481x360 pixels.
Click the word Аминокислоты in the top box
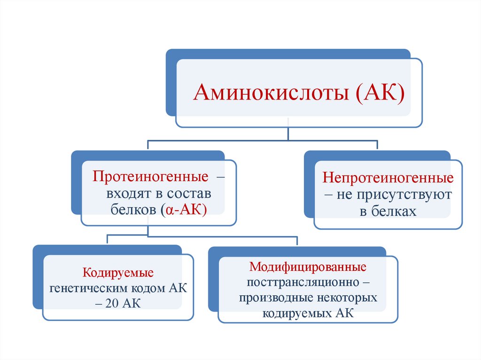click(x=271, y=92)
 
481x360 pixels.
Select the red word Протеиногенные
click(x=150, y=178)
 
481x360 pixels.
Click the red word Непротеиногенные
click(x=388, y=179)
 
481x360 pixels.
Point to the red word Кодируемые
click(x=118, y=273)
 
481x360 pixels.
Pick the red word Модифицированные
click(x=308, y=267)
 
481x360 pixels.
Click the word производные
click(x=272, y=298)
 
